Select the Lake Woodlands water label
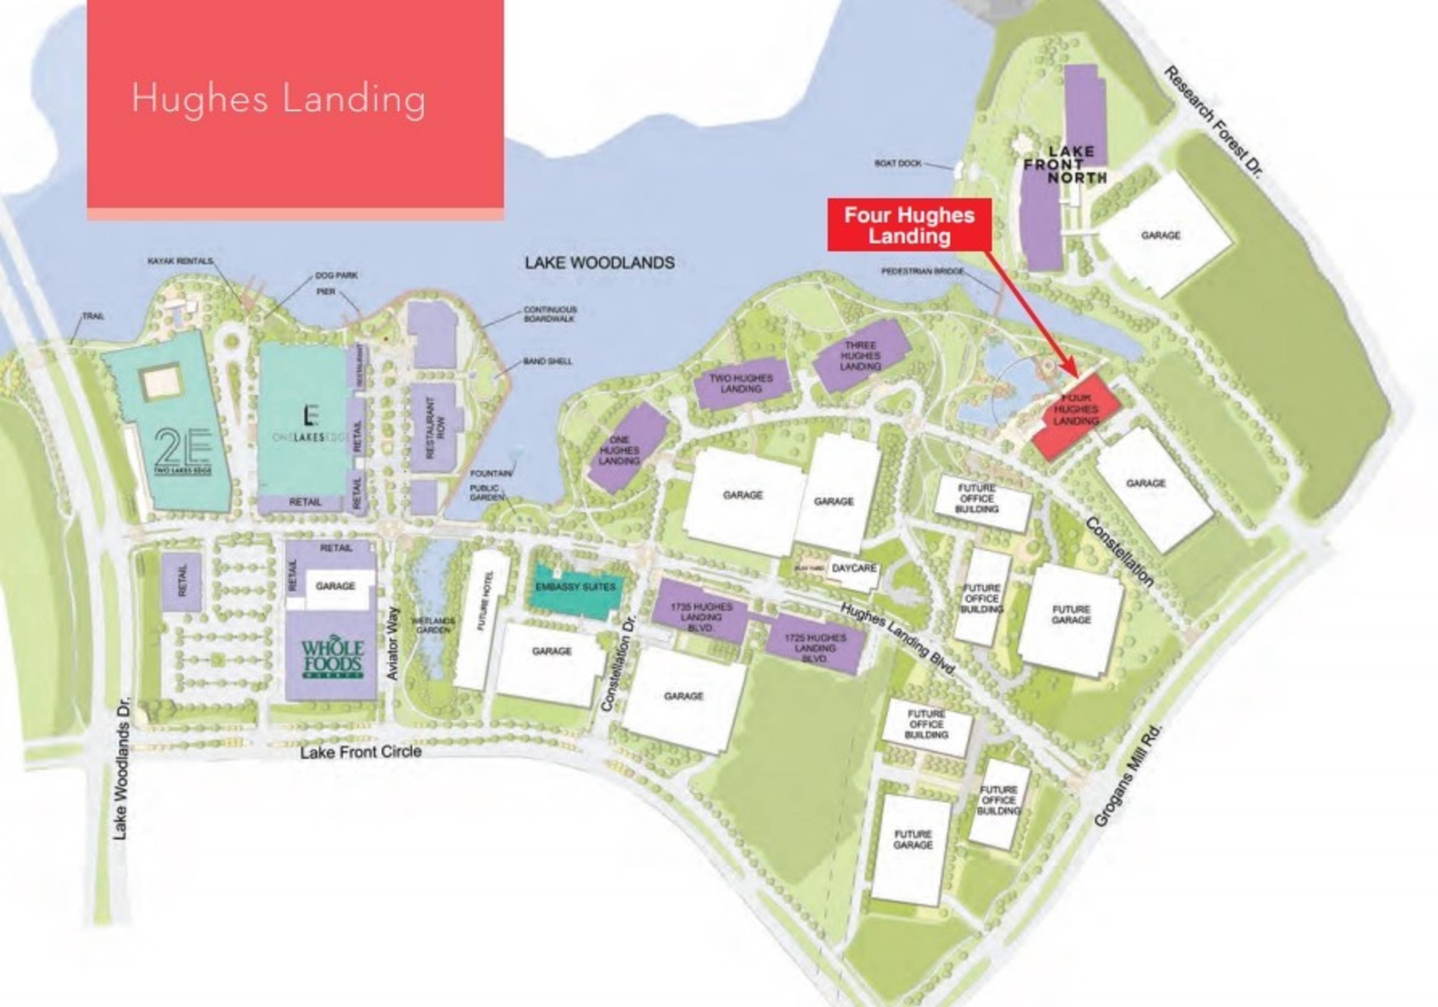point(600,263)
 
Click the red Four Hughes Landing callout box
point(909,225)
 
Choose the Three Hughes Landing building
point(862,355)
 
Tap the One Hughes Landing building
point(627,449)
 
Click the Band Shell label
point(547,362)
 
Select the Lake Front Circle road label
point(361,752)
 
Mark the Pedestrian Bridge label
point(922,271)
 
